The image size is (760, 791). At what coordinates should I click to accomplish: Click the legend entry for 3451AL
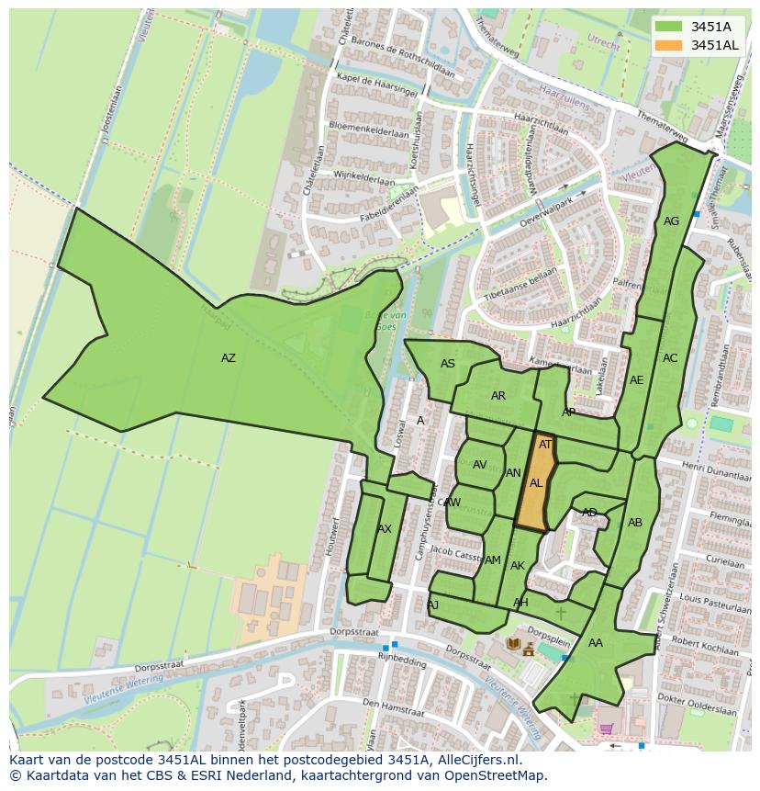click(714, 45)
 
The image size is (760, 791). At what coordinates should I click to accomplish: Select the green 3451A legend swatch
click(669, 27)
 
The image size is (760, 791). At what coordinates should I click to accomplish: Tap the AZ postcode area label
click(228, 358)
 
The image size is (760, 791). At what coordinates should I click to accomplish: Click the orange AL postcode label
click(536, 483)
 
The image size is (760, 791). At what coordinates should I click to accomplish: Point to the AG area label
click(671, 221)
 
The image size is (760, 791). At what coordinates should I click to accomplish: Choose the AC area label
click(670, 358)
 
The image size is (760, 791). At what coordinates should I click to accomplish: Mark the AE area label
click(636, 380)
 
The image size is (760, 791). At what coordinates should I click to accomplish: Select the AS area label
click(447, 364)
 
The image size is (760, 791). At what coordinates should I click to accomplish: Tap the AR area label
click(497, 397)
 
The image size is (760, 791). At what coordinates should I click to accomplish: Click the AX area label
click(384, 529)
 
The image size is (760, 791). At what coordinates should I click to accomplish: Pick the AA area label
click(595, 643)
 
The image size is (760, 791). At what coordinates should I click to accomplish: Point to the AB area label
click(634, 523)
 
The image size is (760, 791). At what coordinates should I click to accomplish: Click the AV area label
click(479, 465)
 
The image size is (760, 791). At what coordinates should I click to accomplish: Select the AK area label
click(517, 566)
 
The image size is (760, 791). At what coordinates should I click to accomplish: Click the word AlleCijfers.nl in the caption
click(476, 761)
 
